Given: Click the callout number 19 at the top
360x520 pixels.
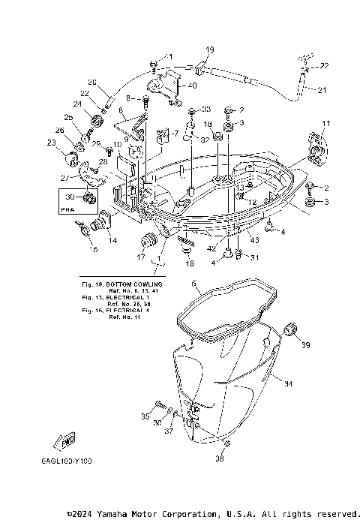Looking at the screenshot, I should pos(209,50).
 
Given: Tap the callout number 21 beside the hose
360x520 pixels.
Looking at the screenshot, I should pos(321,91).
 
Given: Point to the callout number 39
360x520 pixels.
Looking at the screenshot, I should pos(305,346).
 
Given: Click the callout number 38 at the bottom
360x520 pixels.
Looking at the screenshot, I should pos(220,458).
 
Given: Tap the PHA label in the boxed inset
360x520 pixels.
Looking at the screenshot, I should pos(68,211).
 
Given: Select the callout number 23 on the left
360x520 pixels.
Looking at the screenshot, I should pos(51,142).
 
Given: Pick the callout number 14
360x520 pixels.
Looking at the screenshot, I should pos(112,241).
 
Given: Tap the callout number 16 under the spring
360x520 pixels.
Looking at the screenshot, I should pos(189,265).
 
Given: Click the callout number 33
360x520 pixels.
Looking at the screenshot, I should pos(205,110).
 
